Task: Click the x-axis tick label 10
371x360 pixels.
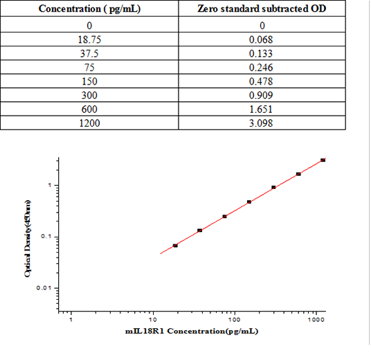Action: pyautogui.click(x=153, y=321)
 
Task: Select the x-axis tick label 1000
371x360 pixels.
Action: pyautogui.click(x=316, y=321)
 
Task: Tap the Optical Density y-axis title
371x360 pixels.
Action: pyautogui.click(x=28, y=237)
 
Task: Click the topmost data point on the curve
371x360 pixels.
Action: pyautogui.click(x=323, y=160)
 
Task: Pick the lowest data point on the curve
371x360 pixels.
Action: pyautogui.click(x=175, y=246)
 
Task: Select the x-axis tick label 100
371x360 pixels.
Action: pyautogui.click(x=235, y=321)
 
